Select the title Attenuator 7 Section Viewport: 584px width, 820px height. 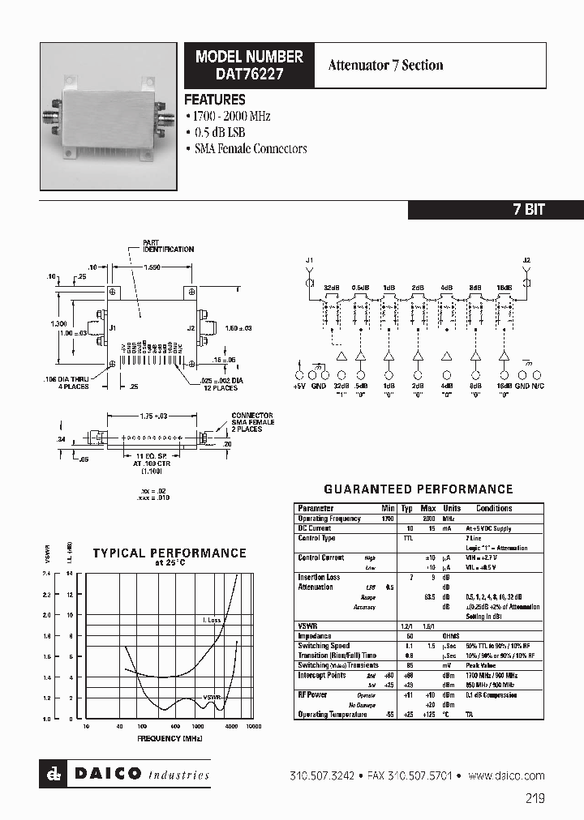385,66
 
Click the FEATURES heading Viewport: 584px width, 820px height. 215,100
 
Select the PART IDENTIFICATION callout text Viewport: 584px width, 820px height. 168,246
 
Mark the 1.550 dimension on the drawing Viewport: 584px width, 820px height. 151,267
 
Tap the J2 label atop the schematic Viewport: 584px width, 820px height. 526,260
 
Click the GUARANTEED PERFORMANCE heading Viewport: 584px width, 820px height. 418,489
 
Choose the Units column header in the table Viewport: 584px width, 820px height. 452,509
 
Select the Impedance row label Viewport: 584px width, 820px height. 315,636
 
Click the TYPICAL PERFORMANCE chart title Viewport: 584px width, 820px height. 169,553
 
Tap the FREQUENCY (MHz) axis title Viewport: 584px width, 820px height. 169,738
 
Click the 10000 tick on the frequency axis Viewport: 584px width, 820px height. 253,727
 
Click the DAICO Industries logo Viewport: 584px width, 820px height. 126,775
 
